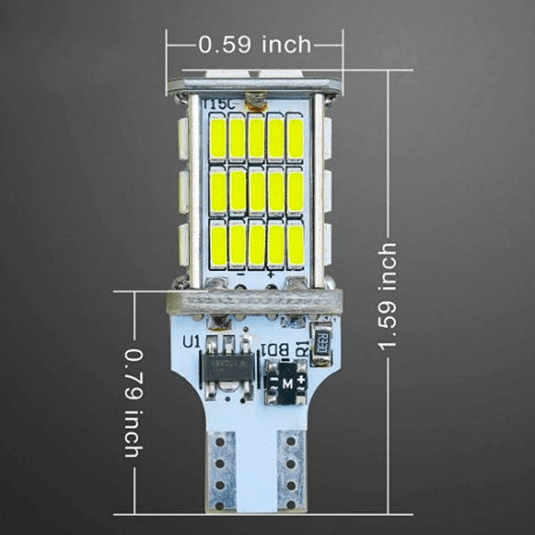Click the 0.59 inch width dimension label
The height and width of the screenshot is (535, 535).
[x=254, y=44]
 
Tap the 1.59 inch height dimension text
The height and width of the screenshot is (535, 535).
[x=388, y=295]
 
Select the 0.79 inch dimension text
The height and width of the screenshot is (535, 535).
[x=132, y=402]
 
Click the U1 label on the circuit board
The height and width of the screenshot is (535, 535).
[x=191, y=341]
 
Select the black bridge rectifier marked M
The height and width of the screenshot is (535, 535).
[x=288, y=381]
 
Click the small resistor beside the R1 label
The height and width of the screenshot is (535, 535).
[x=322, y=340]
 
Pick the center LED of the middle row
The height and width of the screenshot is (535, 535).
[x=257, y=191]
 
